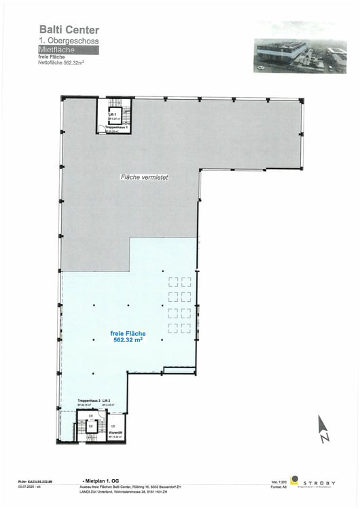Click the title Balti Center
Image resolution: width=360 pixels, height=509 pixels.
[x=69, y=30]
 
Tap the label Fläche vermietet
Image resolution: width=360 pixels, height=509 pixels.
[x=144, y=177]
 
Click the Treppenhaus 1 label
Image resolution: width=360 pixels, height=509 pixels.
[x=117, y=127]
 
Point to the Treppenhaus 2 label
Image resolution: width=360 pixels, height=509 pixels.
[x=89, y=401]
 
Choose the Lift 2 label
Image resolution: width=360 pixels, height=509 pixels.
[x=108, y=401]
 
